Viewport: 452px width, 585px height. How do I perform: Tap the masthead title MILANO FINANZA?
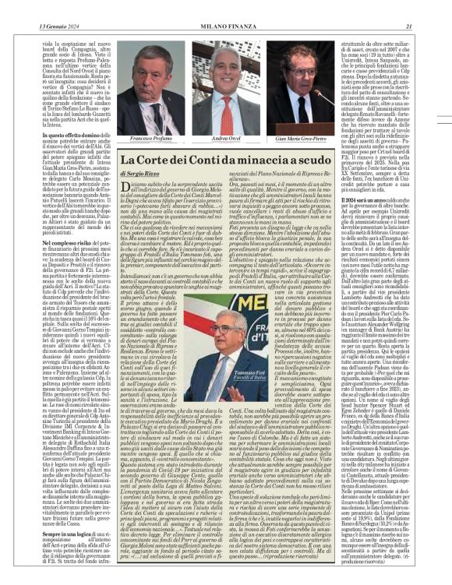(x=225, y=7)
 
